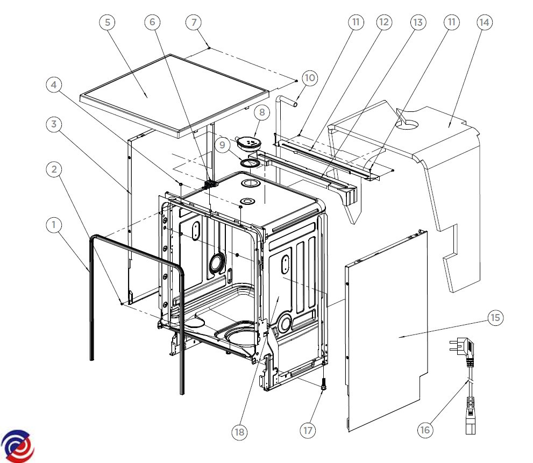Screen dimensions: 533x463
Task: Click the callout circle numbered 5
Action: tap(108, 23)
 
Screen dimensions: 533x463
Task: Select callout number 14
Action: tap(485, 23)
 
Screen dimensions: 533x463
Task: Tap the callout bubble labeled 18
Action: tap(239, 432)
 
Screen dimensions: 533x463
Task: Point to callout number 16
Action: tap(425, 430)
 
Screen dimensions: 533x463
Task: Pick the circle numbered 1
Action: tap(54, 225)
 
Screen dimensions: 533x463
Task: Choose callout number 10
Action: tap(310, 78)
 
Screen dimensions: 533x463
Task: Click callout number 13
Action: tap(418, 23)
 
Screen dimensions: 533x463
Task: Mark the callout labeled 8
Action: tap(262, 112)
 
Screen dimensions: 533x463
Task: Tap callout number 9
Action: tap(222, 145)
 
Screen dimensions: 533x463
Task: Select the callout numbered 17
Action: tap(308, 430)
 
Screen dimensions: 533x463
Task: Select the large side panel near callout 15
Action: tap(387, 331)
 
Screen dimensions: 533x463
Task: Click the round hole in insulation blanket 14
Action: tap(407, 125)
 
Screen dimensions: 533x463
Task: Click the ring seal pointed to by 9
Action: tap(250, 163)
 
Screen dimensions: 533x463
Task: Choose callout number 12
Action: tap(384, 23)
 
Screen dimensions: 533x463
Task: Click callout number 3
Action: tap(54, 124)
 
